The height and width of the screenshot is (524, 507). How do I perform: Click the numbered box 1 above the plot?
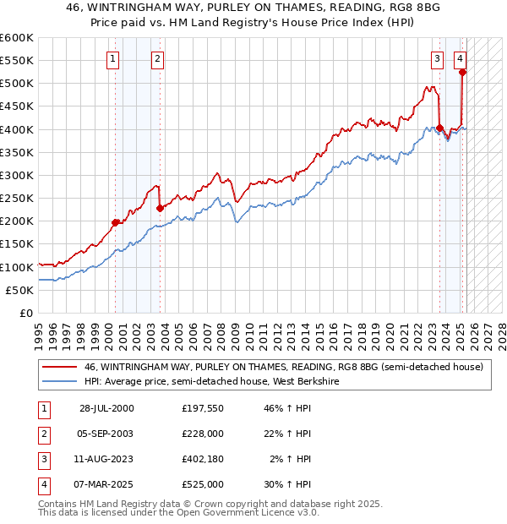pos(113,59)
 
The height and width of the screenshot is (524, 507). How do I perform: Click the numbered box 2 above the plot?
pos(158,59)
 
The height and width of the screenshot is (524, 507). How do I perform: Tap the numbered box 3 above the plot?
pos(437,59)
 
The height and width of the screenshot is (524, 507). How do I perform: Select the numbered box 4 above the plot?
pos(460,59)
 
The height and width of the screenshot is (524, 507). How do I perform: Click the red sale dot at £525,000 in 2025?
pos(462,72)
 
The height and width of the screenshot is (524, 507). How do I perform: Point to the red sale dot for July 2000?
pos(116,222)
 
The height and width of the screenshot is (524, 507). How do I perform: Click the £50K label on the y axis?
pos(19,290)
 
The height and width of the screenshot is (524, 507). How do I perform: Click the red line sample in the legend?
pos(59,367)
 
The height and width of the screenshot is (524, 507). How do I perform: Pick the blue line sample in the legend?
pos(59,380)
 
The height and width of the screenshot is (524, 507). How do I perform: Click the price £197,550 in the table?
pos(203,408)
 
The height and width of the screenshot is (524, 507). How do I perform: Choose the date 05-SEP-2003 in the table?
pos(106,434)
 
